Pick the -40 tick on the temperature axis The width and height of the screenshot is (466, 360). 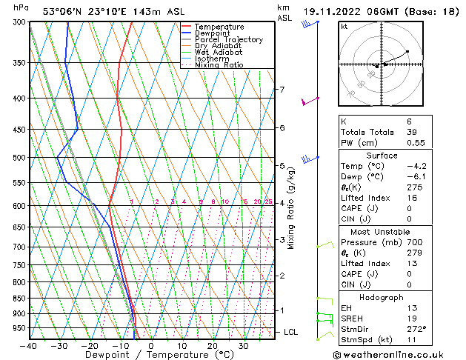(x=30, y=346)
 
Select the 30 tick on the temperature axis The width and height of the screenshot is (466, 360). (x=243, y=346)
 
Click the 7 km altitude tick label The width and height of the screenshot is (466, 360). (x=282, y=90)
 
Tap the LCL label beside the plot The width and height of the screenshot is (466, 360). (x=290, y=333)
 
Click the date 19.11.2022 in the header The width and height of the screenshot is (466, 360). (x=331, y=11)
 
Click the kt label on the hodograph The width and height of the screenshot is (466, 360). (x=344, y=26)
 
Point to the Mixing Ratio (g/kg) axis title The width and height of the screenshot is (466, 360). (x=291, y=207)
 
